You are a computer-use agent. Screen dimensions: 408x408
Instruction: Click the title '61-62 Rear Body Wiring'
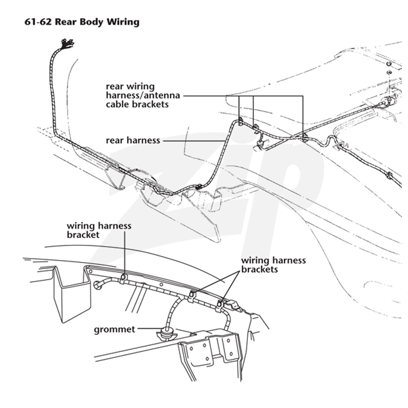(82, 22)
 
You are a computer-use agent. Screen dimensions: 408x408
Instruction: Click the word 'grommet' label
(114, 329)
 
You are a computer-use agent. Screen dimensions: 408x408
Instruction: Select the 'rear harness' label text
(133, 140)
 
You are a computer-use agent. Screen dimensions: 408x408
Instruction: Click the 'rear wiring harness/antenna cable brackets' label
(143, 95)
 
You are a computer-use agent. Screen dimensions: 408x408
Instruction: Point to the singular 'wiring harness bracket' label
(99, 230)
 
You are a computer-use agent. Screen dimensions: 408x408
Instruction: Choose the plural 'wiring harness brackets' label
(273, 265)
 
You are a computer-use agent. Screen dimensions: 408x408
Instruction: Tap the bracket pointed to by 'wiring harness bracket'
(123, 277)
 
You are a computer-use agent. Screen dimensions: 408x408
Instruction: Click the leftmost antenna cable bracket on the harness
(240, 121)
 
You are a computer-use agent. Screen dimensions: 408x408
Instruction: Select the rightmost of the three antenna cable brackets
(304, 137)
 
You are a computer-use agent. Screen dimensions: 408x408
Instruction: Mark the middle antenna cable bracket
(256, 127)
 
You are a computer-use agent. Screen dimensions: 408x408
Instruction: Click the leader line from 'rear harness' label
(193, 141)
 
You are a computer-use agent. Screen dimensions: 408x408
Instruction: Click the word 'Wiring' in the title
(123, 22)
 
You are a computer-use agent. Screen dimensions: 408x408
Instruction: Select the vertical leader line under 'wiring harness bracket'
(124, 252)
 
